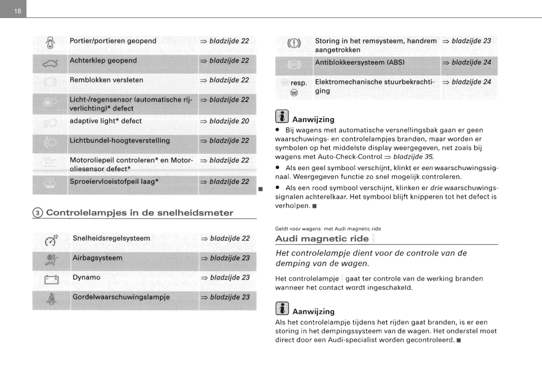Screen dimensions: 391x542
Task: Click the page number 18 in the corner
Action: (17, 11)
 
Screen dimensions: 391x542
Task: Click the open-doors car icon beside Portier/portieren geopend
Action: (50, 43)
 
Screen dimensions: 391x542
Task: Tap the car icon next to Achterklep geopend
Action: (50, 63)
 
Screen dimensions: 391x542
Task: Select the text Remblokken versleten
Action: (106, 80)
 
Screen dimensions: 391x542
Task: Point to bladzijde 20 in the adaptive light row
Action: (229, 121)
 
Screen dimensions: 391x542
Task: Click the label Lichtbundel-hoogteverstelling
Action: (119, 141)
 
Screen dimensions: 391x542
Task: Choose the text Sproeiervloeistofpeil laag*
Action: (114, 181)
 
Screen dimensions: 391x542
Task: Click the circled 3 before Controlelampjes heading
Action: (38, 213)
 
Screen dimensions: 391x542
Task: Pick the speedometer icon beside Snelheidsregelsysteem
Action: (51, 240)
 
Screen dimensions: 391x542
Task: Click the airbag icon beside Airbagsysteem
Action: (51, 260)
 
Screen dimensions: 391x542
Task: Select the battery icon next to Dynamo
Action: (51, 279)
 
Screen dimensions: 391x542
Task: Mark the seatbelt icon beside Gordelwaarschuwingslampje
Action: (51, 299)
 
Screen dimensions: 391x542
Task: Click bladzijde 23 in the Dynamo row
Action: (230, 277)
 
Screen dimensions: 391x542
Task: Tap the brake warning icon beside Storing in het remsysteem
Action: (294, 43)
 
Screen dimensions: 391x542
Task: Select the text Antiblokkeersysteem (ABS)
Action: (359, 62)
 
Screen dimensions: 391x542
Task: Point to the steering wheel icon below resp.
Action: (294, 93)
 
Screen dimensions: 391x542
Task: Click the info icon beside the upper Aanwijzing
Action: (282, 116)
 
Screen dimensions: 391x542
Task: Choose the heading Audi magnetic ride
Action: (322, 238)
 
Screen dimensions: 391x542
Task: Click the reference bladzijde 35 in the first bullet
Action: (413, 157)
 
